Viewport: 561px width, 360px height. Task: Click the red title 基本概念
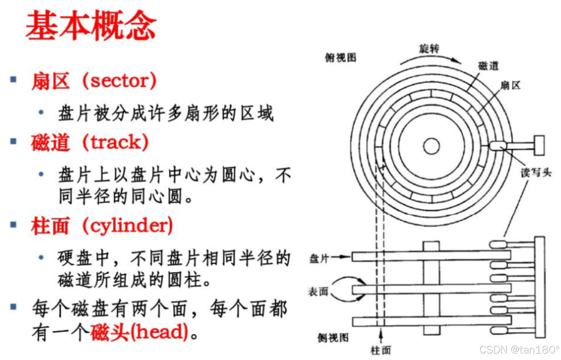click(90, 26)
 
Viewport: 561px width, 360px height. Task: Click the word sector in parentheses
click(119, 80)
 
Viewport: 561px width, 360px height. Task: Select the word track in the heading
click(115, 142)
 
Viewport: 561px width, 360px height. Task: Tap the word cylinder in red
click(127, 225)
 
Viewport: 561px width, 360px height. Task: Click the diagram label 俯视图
click(340, 58)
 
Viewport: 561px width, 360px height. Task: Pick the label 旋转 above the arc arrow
click(429, 48)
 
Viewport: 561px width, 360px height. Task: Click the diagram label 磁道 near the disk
click(488, 65)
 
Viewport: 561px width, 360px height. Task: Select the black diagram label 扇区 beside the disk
click(510, 85)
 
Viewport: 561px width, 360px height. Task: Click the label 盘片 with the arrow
click(319, 258)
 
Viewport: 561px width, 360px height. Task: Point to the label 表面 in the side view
click(318, 292)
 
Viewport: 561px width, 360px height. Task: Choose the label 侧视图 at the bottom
click(333, 338)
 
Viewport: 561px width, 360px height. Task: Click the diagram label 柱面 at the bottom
click(380, 350)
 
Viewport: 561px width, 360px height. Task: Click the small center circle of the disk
click(431, 146)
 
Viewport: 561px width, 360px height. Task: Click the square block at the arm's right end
click(539, 145)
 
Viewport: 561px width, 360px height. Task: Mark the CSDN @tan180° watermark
click(519, 349)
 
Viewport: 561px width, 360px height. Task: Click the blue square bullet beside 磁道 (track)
click(14, 141)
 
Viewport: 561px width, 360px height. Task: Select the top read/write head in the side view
click(498, 244)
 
